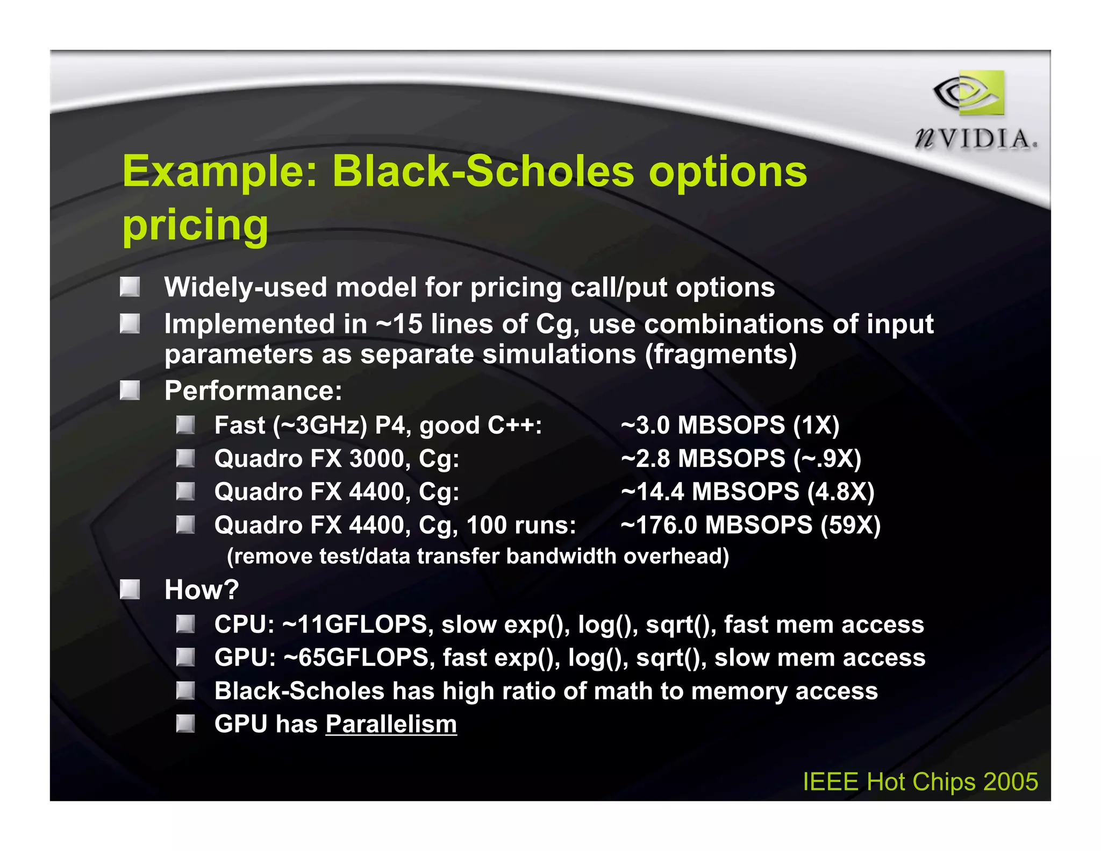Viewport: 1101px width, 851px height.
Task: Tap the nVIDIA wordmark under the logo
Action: point(976,139)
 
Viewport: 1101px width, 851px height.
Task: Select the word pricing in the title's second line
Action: point(195,225)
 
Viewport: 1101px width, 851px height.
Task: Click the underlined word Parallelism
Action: point(391,724)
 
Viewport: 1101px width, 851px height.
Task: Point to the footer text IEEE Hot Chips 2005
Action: point(920,782)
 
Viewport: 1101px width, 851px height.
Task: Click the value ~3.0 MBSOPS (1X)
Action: point(730,426)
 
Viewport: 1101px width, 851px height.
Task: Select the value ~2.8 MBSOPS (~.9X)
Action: point(740,459)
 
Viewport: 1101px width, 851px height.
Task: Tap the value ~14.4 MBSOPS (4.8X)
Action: point(747,492)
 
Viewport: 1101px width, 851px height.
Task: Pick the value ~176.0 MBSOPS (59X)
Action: point(750,525)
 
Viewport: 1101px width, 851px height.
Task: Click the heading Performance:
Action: point(253,391)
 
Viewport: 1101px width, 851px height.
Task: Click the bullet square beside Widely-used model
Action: point(130,287)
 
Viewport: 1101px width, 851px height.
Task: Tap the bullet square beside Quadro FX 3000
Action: point(185,459)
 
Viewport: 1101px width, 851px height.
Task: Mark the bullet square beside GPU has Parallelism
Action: point(185,724)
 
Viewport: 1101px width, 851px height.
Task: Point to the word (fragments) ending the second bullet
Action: point(720,355)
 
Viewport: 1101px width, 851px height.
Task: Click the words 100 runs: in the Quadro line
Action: point(521,525)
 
